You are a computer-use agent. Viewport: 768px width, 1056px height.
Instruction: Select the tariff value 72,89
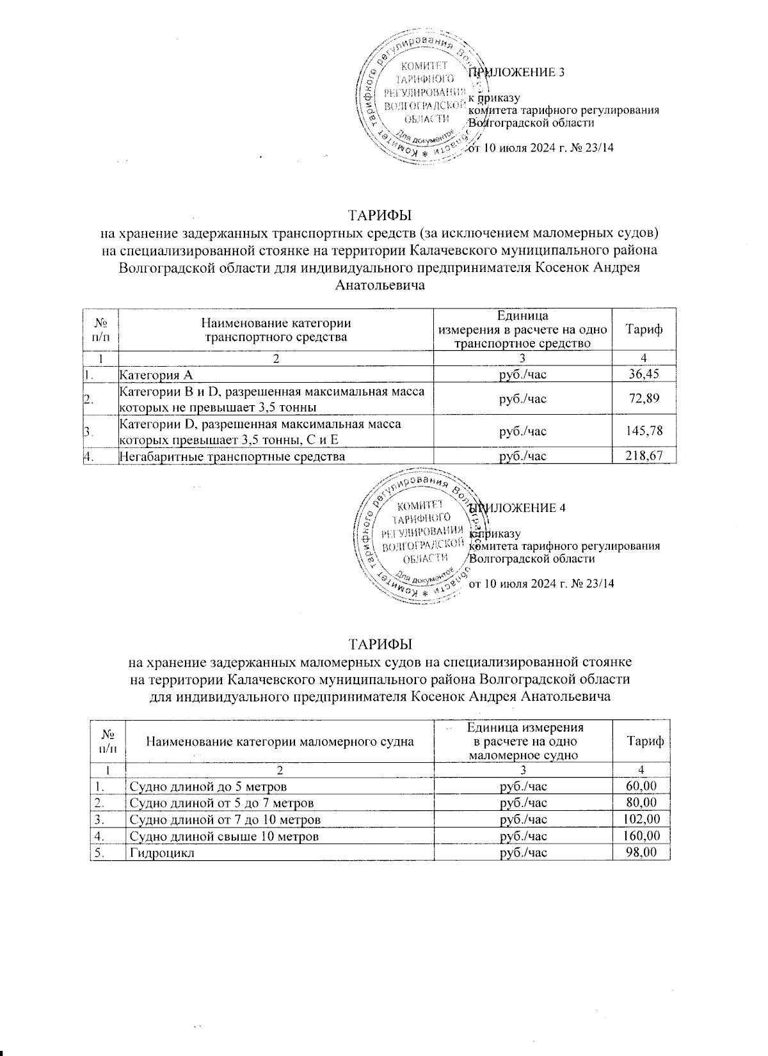pos(644,399)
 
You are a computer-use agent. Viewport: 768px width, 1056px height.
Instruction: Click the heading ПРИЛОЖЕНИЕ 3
pos(517,72)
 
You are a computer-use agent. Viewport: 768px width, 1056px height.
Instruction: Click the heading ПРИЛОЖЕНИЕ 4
pos(517,508)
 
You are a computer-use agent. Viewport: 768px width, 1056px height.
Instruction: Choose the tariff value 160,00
pos(642,836)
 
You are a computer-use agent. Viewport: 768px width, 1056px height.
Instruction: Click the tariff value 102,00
pos(642,819)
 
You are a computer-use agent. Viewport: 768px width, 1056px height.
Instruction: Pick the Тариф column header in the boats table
pos(644,741)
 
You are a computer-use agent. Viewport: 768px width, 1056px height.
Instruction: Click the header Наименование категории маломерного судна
pos(280,742)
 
